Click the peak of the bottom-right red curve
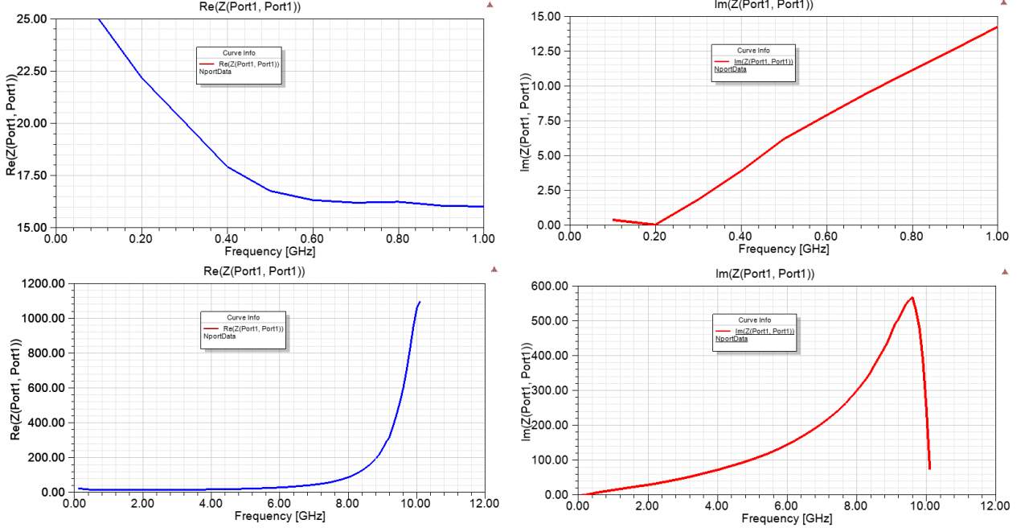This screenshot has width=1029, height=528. tap(912, 298)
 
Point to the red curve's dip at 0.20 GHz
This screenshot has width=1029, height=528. tap(655, 225)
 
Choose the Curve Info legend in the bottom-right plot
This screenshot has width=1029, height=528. tap(756, 332)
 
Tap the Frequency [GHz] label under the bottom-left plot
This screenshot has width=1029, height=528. tap(280, 516)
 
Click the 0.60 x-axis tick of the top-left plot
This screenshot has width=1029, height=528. tap(313, 239)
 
